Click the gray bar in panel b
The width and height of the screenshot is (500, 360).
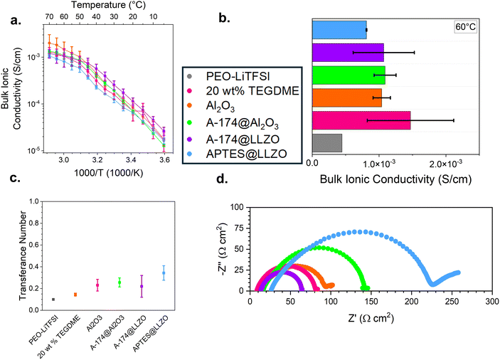[x=327, y=143]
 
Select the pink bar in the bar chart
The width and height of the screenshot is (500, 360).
[x=361, y=120]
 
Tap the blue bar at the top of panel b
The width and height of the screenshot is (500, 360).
[x=339, y=30]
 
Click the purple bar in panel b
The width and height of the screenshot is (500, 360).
[x=348, y=53]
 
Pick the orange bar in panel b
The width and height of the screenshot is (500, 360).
[x=347, y=97]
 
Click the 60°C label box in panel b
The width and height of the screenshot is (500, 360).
[x=466, y=27]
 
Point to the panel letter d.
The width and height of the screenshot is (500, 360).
[x=223, y=179]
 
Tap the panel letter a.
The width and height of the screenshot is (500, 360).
[x=16, y=21]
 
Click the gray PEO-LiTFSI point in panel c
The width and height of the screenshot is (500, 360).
[x=53, y=299]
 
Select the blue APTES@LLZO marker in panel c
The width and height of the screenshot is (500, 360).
[x=164, y=273]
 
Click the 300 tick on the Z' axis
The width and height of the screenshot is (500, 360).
[x=492, y=302]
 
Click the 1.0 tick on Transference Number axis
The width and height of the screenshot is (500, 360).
[x=34, y=201]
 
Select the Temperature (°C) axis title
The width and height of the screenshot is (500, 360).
[x=108, y=5]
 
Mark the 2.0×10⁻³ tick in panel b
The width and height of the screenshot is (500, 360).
[x=446, y=164]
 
